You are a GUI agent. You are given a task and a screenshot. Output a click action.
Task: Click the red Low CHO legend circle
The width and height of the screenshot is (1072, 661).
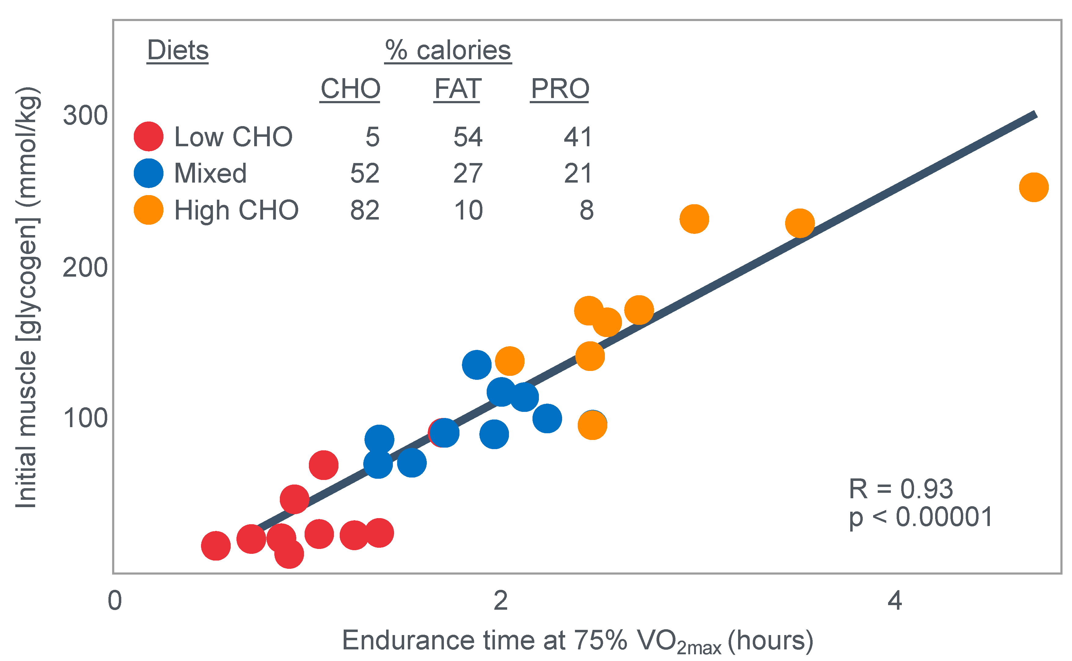point(148,136)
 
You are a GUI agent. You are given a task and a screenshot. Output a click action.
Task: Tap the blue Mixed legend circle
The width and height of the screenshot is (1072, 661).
point(148,173)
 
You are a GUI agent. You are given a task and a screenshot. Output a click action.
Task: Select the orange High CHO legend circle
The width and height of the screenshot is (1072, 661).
point(148,210)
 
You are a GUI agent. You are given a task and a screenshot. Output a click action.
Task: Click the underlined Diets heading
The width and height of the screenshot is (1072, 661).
point(177,50)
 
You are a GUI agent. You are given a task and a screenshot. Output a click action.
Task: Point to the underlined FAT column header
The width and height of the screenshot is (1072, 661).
point(458,89)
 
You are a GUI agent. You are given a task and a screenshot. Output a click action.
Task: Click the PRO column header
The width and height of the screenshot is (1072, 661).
point(560,89)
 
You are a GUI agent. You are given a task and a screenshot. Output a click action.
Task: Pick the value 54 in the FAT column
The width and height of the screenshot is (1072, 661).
point(467,137)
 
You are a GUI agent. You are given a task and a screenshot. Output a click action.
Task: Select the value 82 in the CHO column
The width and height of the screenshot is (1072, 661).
point(364,210)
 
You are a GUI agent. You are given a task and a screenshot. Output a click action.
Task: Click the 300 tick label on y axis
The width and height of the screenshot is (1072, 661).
point(85,116)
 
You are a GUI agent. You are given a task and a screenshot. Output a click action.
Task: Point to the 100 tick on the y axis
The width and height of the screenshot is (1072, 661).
point(85,418)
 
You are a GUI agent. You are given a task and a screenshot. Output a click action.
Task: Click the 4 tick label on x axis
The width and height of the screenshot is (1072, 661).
point(895,601)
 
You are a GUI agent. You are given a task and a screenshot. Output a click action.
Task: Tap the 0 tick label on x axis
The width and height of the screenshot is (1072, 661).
point(115,601)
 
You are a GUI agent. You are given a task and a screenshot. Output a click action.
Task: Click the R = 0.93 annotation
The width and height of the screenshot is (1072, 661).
point(900,489)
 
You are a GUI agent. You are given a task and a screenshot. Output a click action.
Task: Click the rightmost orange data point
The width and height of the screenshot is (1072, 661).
point(1034,187)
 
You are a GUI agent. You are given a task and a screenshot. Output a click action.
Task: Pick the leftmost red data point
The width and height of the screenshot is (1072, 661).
point(216,546)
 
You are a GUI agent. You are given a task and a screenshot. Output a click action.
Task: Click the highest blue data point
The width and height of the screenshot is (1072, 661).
point(476,365)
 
